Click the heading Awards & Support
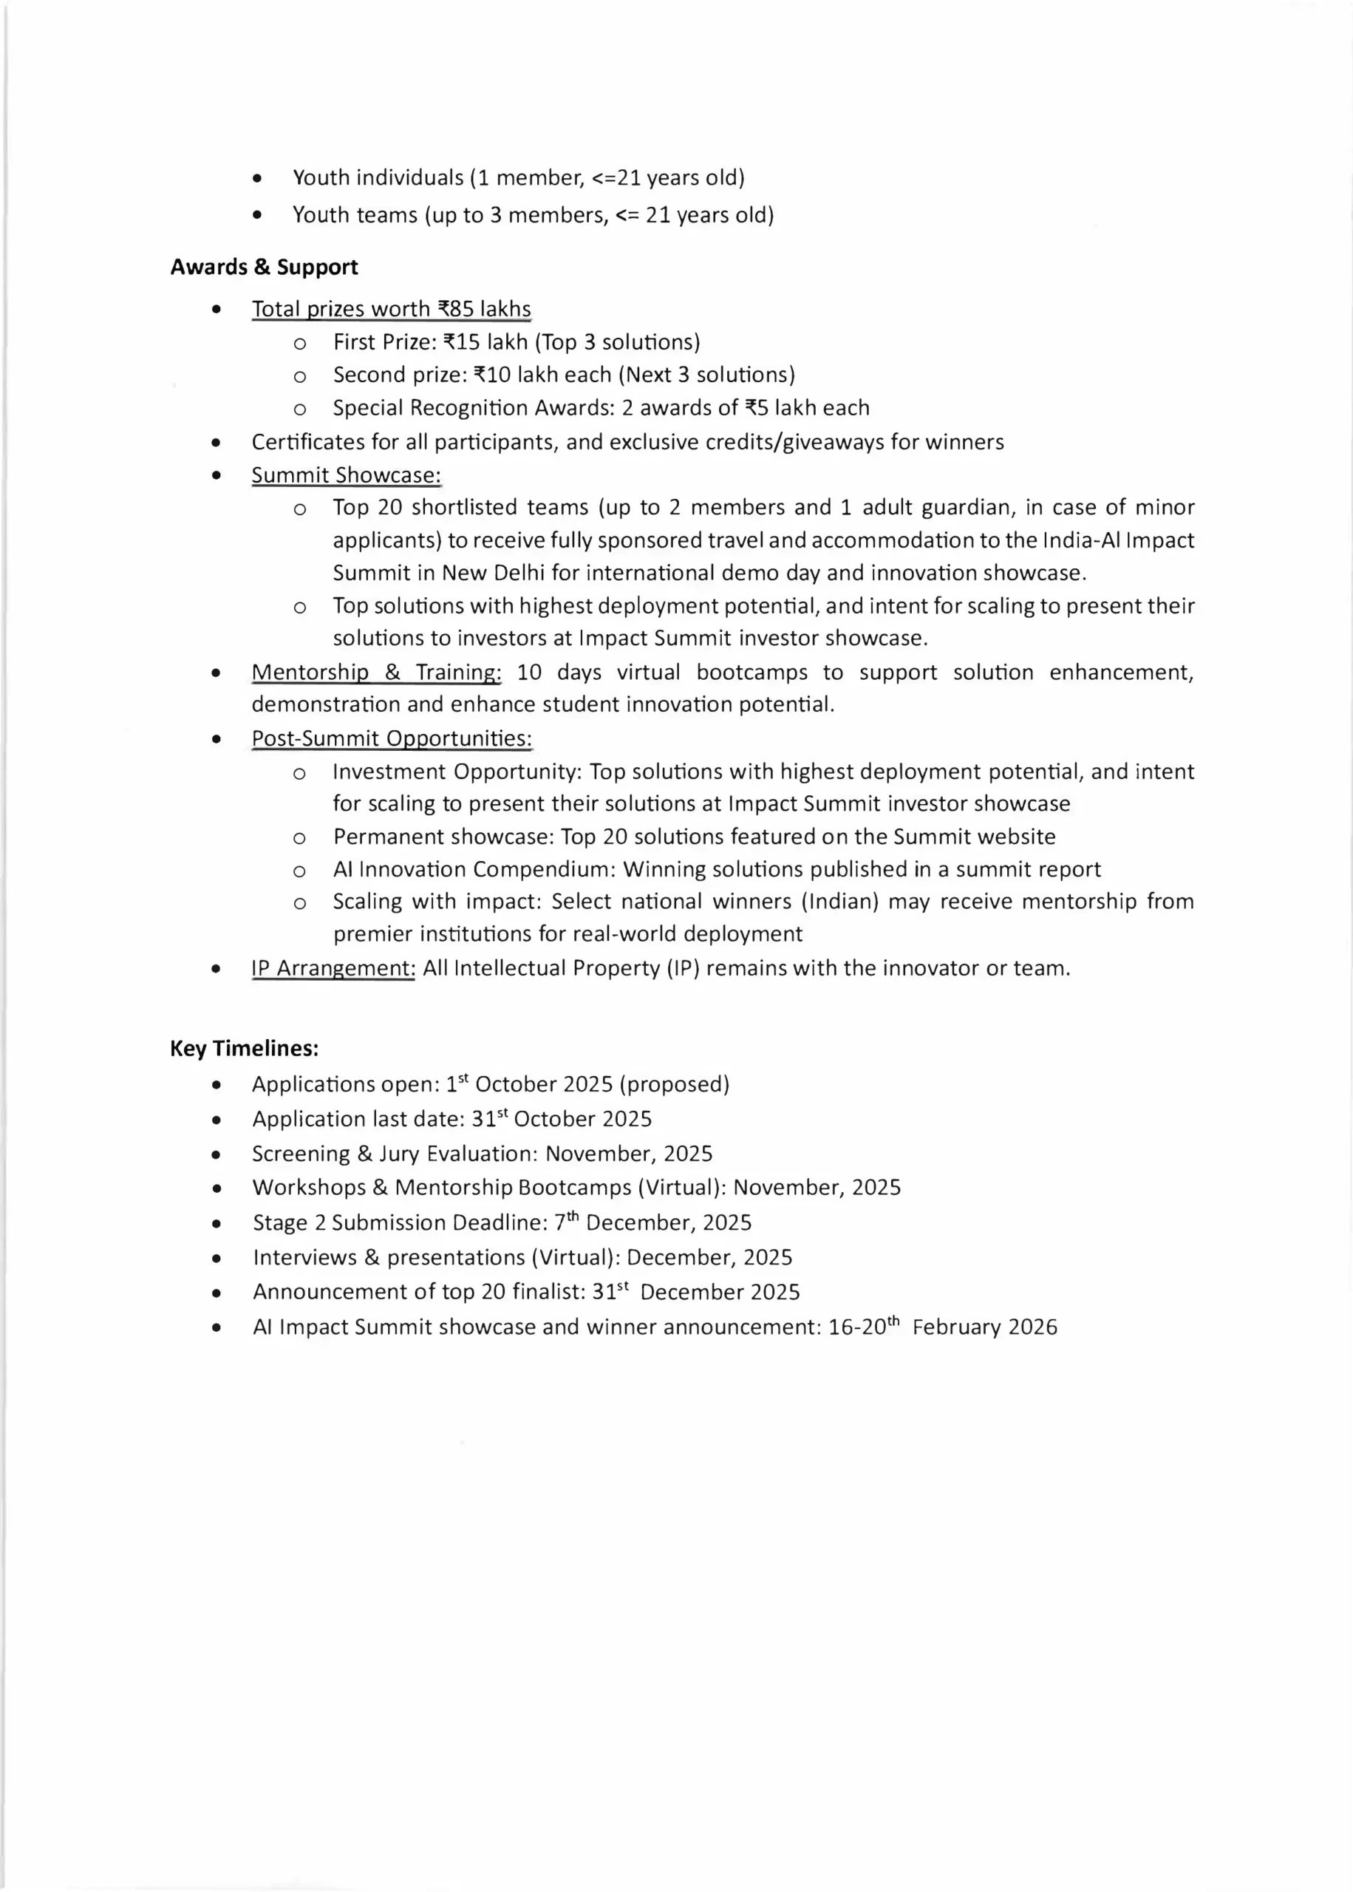tap(264, 268)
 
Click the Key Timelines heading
tap(244, 1048)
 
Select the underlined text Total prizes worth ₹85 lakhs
tap(391, 309)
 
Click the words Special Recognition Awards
tap(429, 408)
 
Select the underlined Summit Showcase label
tap(346, 475)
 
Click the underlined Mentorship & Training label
tap(375, 673)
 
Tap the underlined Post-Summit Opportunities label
tap(392, 739)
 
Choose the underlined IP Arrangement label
tap(333, 968)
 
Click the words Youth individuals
tap(378, 178)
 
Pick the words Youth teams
tap(354, 216)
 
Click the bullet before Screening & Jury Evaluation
tap(217, 1154)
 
